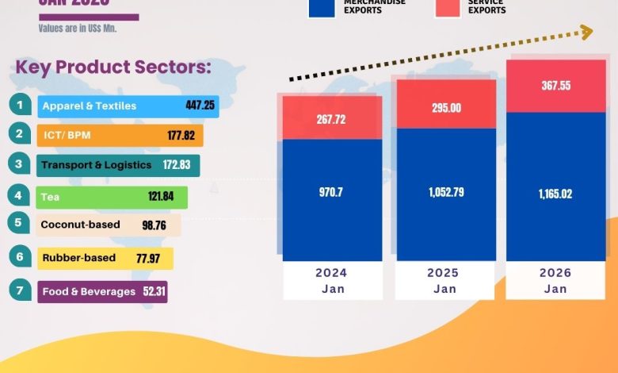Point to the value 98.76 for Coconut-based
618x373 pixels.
coord(155,225)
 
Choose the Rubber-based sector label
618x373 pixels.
coord(78,258)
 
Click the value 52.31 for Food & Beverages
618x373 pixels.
coord(153,291)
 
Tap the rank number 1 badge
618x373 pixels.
coord(19,104)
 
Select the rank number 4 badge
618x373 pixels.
coord(19,195)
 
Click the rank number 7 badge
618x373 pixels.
coord(19,290)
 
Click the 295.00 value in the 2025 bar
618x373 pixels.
coord(444,108)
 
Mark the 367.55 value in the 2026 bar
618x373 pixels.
coord(555,86)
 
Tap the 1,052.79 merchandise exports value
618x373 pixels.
coord(444,192)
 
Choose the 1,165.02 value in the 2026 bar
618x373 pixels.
coord(555,192)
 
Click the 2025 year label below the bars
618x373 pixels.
coord(444,273)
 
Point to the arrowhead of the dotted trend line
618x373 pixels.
coord(586,32)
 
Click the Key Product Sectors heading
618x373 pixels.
coord(113,67)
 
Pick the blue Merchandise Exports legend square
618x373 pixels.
coord(321,7)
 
